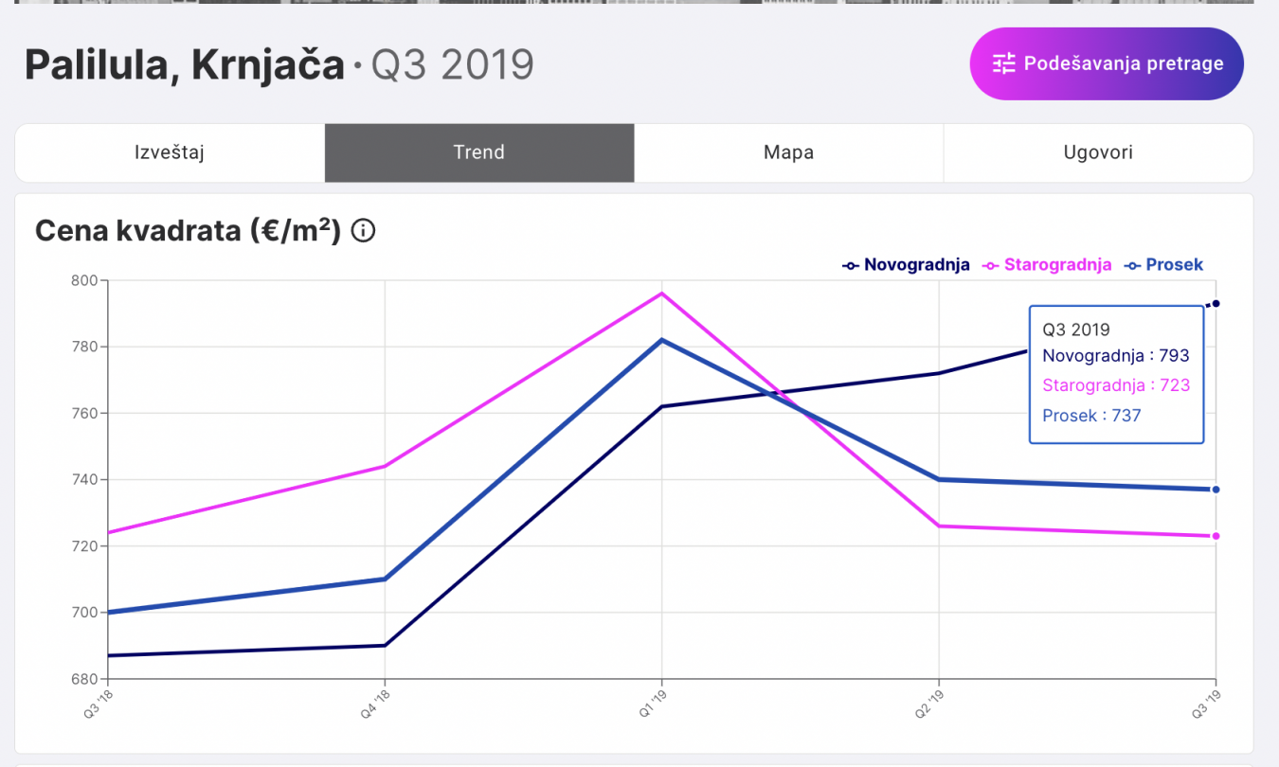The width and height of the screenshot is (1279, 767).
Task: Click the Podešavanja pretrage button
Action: click(1106, 63)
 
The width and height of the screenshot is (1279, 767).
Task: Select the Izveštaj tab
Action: click(170, 152)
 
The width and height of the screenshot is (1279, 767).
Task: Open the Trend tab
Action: click(478, 152)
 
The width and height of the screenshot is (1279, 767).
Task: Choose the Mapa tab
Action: click(788, 152)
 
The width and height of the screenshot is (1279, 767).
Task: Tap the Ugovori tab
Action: click(1097, 152)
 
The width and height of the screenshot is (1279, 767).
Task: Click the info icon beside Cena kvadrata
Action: click(363, 231)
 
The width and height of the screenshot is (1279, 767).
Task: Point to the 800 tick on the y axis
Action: click(85, 280)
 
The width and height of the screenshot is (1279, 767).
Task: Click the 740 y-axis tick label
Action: click(85, 480)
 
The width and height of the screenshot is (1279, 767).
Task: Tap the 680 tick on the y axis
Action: click(85, 679)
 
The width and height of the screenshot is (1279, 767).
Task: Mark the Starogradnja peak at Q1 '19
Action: click(662, 294)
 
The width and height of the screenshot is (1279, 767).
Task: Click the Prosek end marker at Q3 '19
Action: click(1216, 490)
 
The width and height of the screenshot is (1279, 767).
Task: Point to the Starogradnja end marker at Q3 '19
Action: click(1216, 536)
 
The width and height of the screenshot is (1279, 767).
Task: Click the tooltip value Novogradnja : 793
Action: click(1115, 356)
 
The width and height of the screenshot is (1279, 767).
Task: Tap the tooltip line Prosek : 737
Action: click(1091, 415)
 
